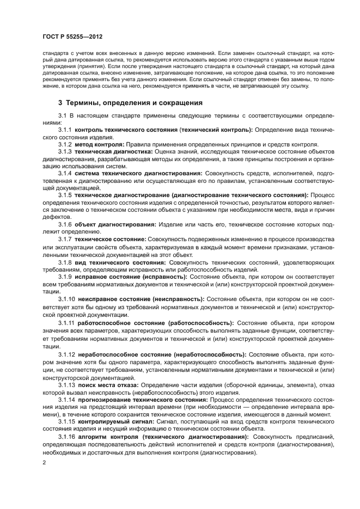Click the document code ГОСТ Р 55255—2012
(x=72, y=36)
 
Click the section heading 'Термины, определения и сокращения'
(x=134, y=102)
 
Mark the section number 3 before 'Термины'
(x=60, y=102)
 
